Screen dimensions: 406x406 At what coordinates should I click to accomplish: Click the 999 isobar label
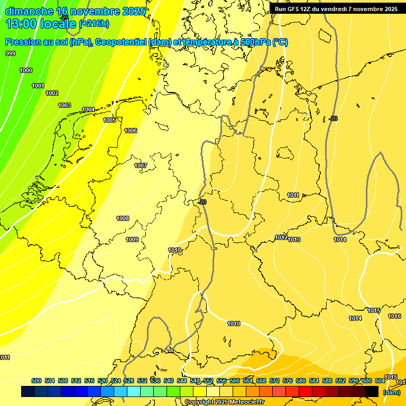pos(11,53)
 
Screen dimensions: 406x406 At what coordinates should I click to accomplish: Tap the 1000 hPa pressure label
pos(26,70)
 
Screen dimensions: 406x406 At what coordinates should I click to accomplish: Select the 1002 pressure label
pos(52,93)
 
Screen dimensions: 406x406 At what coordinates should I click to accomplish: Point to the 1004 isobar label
pos(88,110)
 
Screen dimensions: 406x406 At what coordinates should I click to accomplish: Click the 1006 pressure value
pos(131,131)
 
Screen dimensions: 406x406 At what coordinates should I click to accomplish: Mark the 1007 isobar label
pos(141,165)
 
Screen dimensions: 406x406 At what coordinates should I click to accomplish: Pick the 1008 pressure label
pos(123,218)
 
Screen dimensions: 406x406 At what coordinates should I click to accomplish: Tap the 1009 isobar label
pos(132,239)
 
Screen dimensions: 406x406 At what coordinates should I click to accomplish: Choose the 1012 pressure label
pos(281,237)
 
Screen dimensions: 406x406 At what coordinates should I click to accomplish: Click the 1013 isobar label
pos(294,239)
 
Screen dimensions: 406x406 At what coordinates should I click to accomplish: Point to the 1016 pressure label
pos(394,316)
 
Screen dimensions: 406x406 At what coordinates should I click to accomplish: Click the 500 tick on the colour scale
pos(36,381)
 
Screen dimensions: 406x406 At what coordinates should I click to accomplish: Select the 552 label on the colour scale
pos(208,381)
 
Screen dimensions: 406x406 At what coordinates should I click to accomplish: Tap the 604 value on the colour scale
pos(380,381)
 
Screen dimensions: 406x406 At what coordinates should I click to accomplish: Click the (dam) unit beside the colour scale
pos(391,392)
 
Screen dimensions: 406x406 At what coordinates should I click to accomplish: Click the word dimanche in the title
pos(26,11)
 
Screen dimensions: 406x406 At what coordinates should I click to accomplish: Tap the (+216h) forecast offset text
pos(94,23)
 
